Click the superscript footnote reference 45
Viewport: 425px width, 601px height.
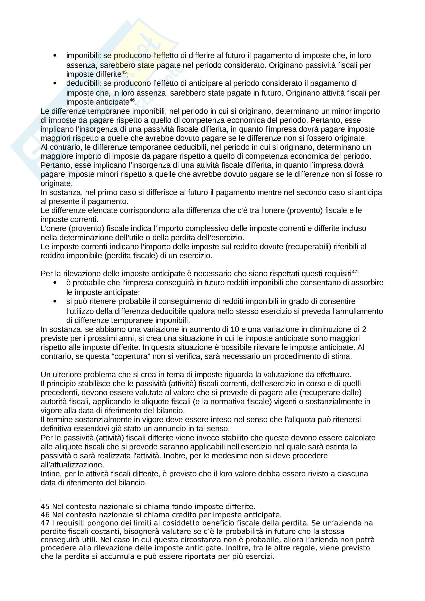click(124, 72)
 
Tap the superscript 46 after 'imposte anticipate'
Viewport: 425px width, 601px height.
click(132, 100)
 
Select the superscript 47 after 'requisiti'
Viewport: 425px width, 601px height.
click(354, 272)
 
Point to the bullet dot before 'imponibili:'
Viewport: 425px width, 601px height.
click(55, 56)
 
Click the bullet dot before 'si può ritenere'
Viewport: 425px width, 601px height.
click(55, 302)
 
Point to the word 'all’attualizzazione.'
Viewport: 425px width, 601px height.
click(72, 465)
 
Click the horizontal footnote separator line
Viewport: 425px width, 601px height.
click(84, 500)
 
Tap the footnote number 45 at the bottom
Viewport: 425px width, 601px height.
click(45, 506)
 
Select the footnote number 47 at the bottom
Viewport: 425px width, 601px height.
click(45, 523)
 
